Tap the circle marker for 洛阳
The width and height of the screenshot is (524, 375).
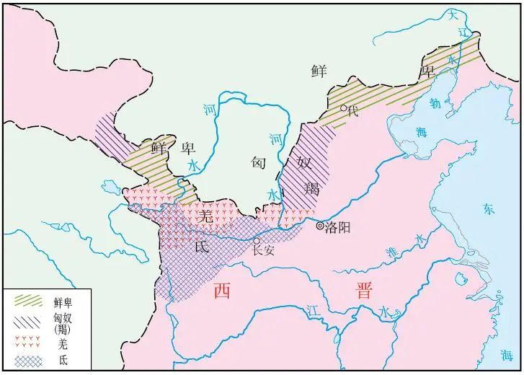coord(320,226)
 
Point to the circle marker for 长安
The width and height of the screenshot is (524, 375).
coord(256,242)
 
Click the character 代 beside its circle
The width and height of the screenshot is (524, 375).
coord(352,111)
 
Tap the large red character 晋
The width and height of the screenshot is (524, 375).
coord(363,291)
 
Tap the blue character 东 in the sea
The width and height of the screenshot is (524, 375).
coord(489,208)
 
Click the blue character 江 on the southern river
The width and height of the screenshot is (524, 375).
coord(311,309)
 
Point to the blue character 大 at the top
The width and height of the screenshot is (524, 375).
coord(453,14)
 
